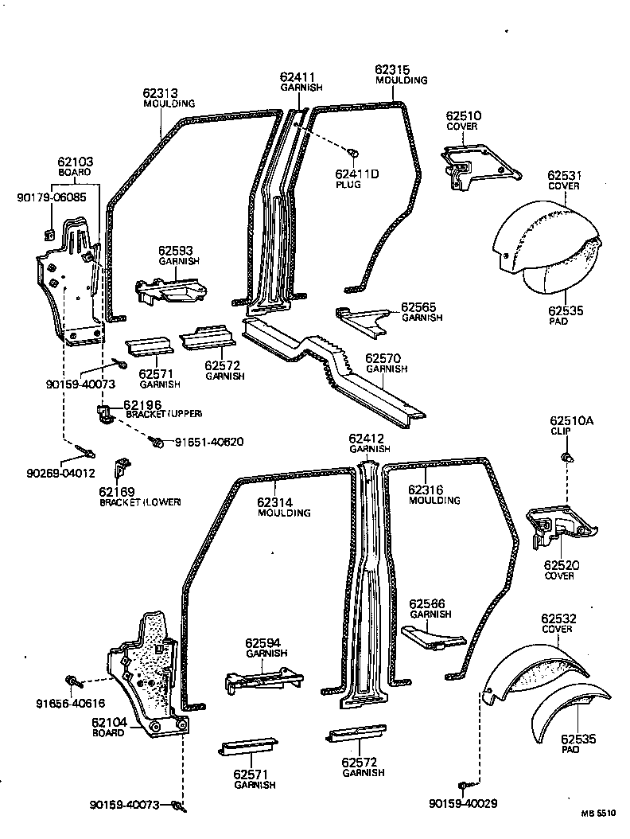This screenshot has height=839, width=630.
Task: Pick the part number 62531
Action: [x=562, y=175]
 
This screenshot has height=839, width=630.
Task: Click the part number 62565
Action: [x=418, y=306]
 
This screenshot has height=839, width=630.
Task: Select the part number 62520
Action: [x=561, y=565]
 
